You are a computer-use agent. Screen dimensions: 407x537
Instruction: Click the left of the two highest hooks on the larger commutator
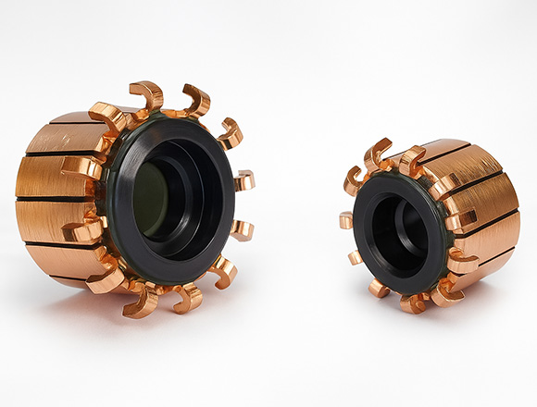149,93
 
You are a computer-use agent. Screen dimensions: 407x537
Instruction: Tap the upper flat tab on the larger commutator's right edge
244,179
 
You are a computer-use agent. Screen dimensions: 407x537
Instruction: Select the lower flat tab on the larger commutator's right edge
242,228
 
